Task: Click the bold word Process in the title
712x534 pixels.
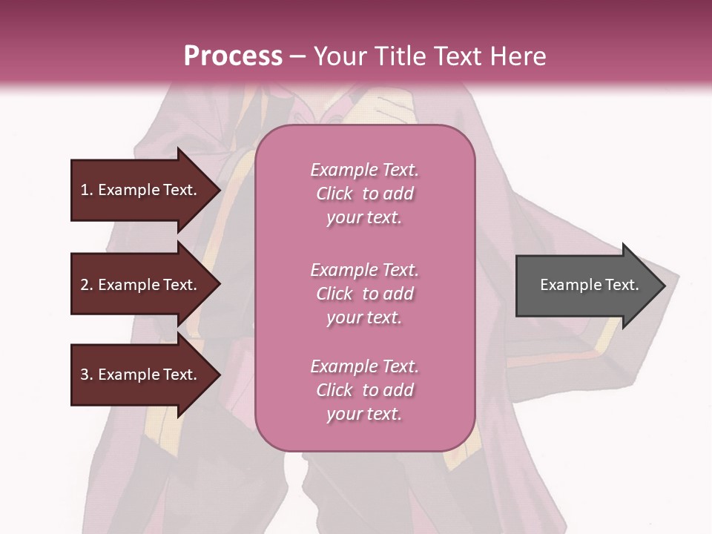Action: [x=233, y=56]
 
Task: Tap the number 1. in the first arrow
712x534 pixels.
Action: [x=87, y=190]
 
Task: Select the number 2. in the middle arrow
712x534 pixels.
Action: [x=87, y=285]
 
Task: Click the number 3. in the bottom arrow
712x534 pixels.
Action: [x=87, y=375]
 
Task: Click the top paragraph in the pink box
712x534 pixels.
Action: [x=364, y=194]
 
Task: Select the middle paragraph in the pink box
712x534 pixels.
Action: [x=364, y=294]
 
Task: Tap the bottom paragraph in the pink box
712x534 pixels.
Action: [x=364, y=390]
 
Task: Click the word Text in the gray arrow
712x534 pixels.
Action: [x=622, y=285]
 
